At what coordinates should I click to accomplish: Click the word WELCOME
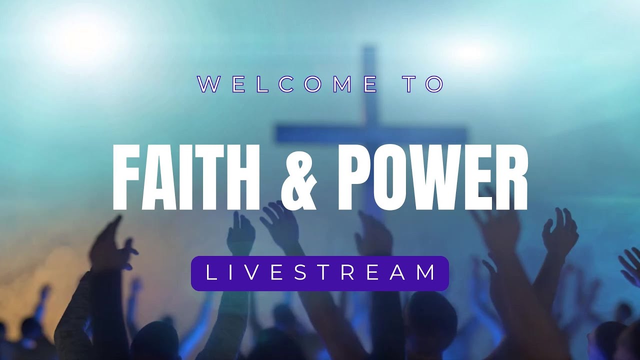pyautogui.click(x=287, y=84)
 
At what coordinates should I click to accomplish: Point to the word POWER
pyautogui.click(x=433, y=178)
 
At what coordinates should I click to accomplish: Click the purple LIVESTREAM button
pyautogui.click(x=320, y=273)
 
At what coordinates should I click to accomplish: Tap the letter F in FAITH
pyautogui.click(x=125, y=178)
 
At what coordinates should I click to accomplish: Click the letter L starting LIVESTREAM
pyautogui.click(x=210, y=273)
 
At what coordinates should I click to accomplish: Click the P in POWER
pyautogui.click(x=357, y=178)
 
